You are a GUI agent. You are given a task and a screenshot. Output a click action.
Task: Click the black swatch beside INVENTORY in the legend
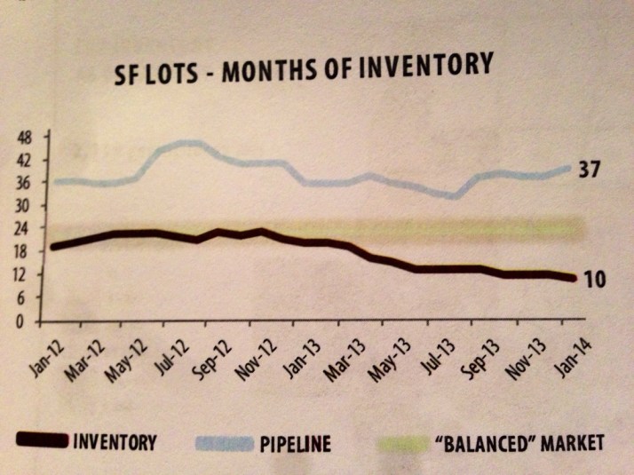tap(39, 440)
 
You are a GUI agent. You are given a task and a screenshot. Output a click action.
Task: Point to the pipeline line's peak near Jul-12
tap(188, 143)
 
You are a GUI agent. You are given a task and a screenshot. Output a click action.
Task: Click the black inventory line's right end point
tap(572, 279)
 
